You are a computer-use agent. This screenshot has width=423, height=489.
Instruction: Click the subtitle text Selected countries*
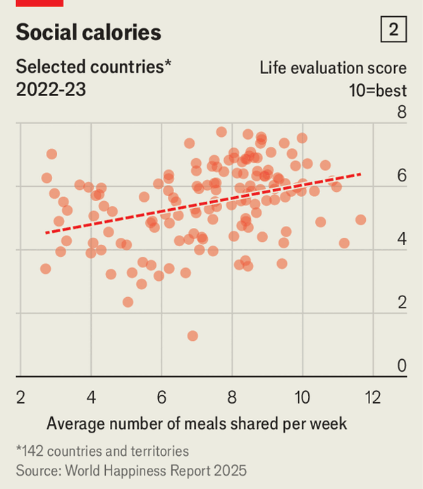pyautogui.click(x=94, y=68)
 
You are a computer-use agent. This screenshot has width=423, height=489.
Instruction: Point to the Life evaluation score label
pyautogui.click(x=333, y=68)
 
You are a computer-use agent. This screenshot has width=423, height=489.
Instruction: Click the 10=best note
pyautogui.click(x=377, y=90)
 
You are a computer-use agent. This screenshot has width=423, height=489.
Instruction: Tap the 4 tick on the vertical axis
pyautogui.click(x=402, y=239)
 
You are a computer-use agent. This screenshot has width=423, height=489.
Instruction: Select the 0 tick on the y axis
pyautogui.click(x=402, y=366)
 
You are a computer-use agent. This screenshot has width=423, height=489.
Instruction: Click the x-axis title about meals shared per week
pyautogui.click(x=197, y=423)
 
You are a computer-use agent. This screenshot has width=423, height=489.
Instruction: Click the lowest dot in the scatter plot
pyautogui.click(x=192, y=336)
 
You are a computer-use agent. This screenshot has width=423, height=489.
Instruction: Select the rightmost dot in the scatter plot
pyautogui.click(x=360, y=219)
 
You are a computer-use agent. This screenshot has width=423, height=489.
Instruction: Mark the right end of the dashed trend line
pyautogui.click(x=361, y=174)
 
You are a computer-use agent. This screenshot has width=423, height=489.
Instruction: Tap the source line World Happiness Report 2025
pyautogui.click(x=131, y=469)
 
